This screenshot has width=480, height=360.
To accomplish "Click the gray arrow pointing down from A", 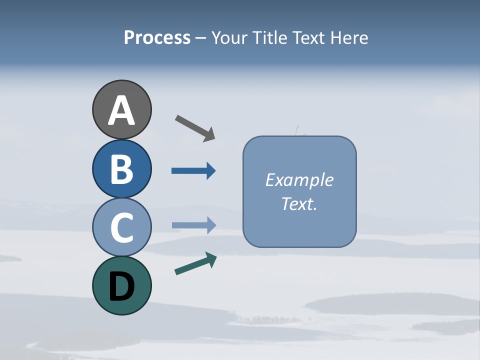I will (195, 127).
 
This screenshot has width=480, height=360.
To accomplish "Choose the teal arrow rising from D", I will (195, 263).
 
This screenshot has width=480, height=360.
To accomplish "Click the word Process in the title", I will (157, 38).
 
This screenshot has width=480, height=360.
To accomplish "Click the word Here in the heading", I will (350, 38).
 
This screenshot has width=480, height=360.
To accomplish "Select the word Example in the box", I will (299, 180).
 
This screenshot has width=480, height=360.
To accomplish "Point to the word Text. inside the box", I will (299, 203).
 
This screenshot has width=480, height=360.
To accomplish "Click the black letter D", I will (121, 287).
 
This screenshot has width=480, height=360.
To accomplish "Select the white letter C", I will (121, 227).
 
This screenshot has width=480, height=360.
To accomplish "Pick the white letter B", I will (121, 169).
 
